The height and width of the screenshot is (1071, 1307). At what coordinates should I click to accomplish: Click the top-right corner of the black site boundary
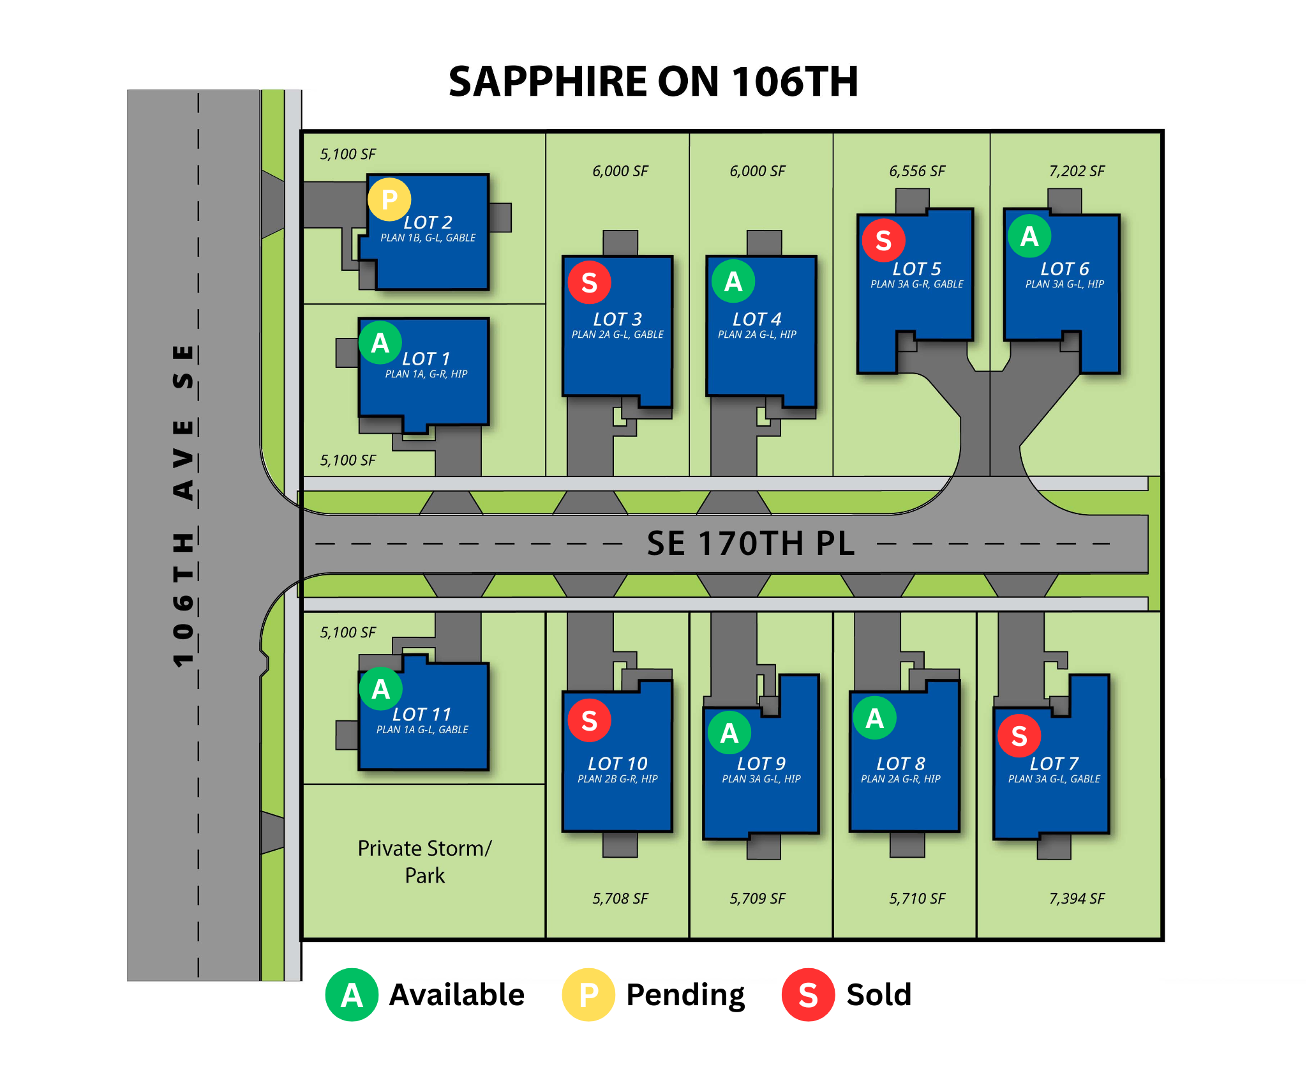1162,132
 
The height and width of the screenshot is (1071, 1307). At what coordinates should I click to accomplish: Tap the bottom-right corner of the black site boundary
1162,939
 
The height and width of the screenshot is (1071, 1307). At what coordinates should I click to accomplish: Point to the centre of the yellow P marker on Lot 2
389,199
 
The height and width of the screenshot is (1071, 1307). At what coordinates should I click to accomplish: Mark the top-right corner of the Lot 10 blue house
672,681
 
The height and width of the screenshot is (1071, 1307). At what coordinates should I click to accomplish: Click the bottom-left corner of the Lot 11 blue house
359,769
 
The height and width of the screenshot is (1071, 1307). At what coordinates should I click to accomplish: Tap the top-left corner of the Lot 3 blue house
563,257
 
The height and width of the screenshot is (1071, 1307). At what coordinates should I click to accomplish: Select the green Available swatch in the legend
352,995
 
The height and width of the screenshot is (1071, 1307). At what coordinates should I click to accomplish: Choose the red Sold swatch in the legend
808,995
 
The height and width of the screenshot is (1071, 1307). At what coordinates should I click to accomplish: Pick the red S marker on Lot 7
1019,736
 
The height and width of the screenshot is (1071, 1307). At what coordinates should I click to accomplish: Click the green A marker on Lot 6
1029,236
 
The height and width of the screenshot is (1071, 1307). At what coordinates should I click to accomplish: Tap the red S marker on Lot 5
883,240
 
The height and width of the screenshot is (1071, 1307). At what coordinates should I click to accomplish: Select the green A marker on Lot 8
875,718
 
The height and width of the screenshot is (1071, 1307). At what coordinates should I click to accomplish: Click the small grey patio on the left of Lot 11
347,735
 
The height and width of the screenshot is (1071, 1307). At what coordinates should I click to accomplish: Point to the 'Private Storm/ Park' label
425,862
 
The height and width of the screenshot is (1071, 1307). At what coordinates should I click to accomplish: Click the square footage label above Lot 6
1077,171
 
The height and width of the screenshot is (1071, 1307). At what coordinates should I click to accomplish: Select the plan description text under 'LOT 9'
761,779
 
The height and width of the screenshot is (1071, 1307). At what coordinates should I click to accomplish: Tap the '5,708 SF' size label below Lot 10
620,899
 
